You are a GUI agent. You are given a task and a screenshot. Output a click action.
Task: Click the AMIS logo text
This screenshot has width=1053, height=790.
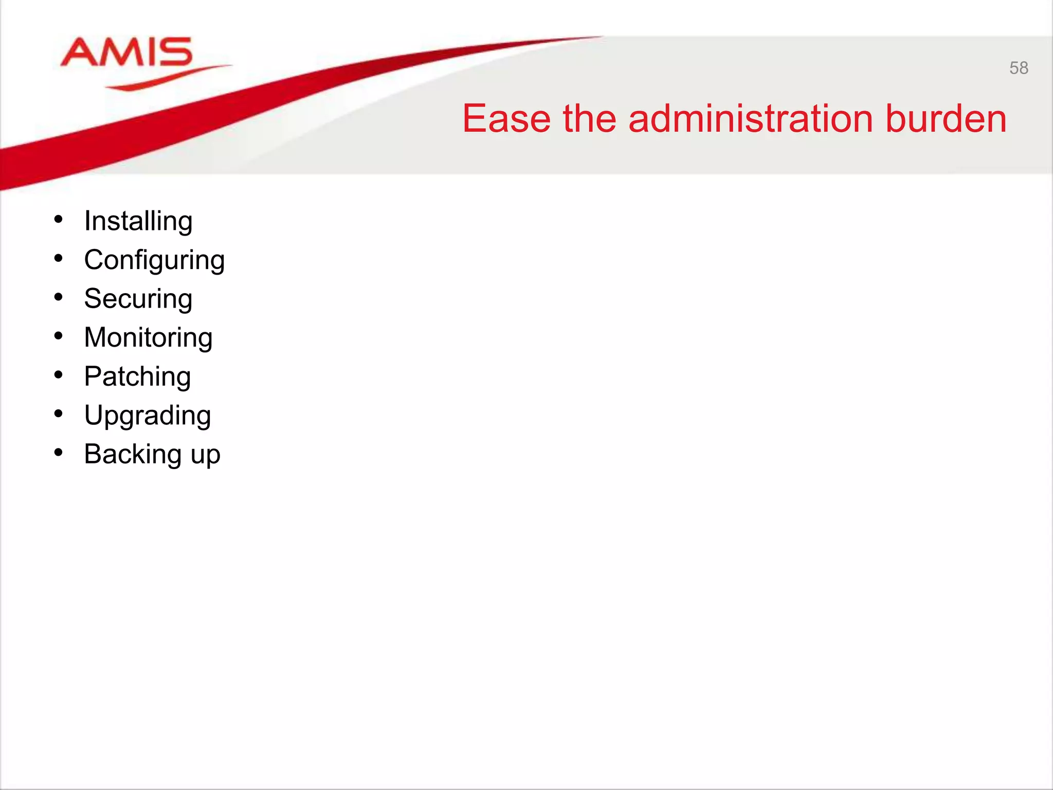tap(126, 52)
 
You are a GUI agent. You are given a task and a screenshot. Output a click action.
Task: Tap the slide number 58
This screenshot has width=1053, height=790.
tap(1019, 68)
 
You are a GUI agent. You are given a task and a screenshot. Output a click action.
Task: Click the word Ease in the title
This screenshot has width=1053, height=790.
tap(506, 119)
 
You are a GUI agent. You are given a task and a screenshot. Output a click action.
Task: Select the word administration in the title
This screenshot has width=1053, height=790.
tap(750, 119)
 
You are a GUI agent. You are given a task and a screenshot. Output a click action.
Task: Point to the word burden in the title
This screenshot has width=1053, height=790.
tap(946, 119)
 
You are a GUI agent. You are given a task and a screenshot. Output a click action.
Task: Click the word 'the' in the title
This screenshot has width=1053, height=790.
tap(589, 119)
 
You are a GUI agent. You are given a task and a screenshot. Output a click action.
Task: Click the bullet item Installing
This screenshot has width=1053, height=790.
tap(138, 222)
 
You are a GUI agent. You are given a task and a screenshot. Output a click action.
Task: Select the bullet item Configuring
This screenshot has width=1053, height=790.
tap(154, 260)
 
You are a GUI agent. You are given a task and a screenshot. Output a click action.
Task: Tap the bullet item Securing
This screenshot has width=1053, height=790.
tap(138, 299)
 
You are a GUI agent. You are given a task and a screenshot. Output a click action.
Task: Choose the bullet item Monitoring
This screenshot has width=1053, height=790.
tap(148, 338)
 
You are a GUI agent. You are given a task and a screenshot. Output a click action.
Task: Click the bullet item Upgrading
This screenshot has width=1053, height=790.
tap(148, 416)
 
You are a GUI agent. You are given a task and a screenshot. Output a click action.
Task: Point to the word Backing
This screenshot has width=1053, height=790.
tap(133, 454)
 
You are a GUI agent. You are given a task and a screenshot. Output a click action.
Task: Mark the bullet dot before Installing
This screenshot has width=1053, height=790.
tap(59, 220)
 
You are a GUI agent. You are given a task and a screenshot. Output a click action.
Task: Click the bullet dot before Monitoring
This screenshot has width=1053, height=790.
tap(59, 336)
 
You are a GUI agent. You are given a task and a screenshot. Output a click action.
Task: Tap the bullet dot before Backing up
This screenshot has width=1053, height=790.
tap(59, 453)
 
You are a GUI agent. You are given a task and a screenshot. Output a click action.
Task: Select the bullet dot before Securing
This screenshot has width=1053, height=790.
tap(59, 297)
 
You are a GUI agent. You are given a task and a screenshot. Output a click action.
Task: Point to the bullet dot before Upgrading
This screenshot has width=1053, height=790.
tap(59, 414)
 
